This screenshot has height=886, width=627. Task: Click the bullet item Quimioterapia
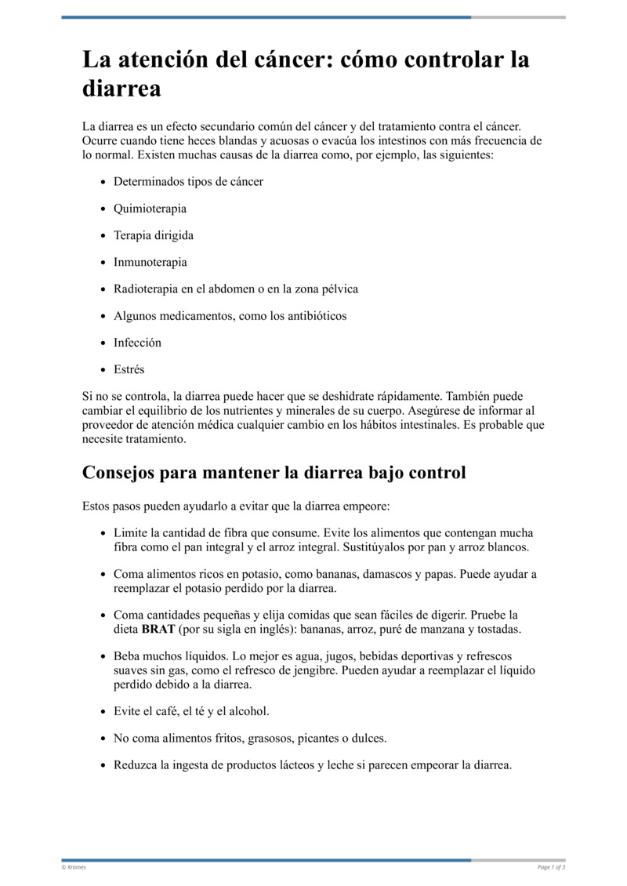pyautogui.click(x=150, y=209)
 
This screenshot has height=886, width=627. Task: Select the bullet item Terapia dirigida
pyautogui.click(x=154, y=235)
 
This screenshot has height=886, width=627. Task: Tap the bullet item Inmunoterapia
pyautogui.click(x=150, y=262)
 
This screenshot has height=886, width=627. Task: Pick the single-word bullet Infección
pyautogui.click(x=137, y=342)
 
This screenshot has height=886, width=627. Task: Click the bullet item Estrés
pyautogui.click(x=129, y=369)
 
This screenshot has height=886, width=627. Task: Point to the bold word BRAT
pyautogui.click(x=158, y=629)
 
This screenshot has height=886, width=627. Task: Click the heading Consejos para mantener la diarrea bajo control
pyautogui.click(x=274, y=473)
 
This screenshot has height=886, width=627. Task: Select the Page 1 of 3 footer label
pyautogui.click(x=551, y=867)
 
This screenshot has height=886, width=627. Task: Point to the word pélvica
pyautogui.click(x=337, y=289)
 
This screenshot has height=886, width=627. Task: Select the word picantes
pyautogui.click(x=328, y=738)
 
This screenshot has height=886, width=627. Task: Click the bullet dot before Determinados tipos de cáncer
pyautogui.click(x=104, y=182)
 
